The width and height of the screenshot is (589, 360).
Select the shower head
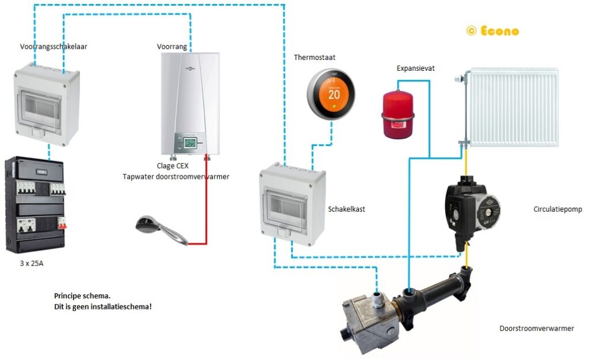[151, 227]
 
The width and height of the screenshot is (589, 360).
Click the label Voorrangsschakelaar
[53, 47]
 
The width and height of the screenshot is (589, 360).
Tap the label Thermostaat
[315, 58]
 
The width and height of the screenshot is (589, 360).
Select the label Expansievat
[415, 68]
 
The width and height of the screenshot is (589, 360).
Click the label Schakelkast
[346, 209]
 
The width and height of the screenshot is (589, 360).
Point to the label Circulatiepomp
[557, 209]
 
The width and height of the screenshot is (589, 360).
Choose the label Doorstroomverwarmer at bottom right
[536, 328]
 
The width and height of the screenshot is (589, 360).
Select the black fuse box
[35, 205]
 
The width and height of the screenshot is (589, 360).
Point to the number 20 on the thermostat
[334, 95]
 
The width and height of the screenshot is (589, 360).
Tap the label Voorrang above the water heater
[172, 47]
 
